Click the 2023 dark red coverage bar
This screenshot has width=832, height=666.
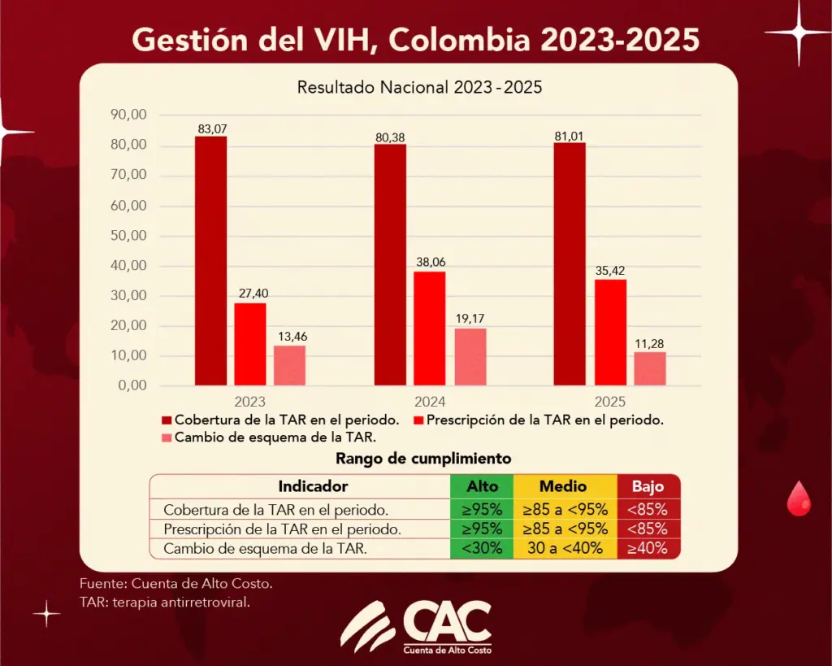click(210, 260)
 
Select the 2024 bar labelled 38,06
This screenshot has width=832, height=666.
click(430, 328)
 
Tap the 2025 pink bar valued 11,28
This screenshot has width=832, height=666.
click(650, 368)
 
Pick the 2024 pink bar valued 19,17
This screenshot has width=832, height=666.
click(470, 356)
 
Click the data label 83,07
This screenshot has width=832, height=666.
click(210, 128)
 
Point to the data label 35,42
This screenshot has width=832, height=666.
click(610, 271)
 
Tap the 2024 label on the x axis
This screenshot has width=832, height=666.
click(429, 402)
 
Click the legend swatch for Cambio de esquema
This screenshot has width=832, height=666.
click(167, 438)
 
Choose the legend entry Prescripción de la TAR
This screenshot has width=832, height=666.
click(545, 420)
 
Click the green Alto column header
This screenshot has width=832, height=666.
click(483, 486)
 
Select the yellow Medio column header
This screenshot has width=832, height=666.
click(564, 486)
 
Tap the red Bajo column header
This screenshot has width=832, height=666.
click(648, 486)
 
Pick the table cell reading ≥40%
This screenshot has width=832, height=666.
click(648, 548)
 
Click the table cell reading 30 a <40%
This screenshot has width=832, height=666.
click(564, 548)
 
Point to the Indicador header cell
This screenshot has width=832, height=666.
click(313, 486)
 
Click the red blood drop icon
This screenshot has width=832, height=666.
click(799, 498)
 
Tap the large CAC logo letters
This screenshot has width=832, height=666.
click(446, 622)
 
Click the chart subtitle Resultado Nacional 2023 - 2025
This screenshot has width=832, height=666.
click(419, 87)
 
